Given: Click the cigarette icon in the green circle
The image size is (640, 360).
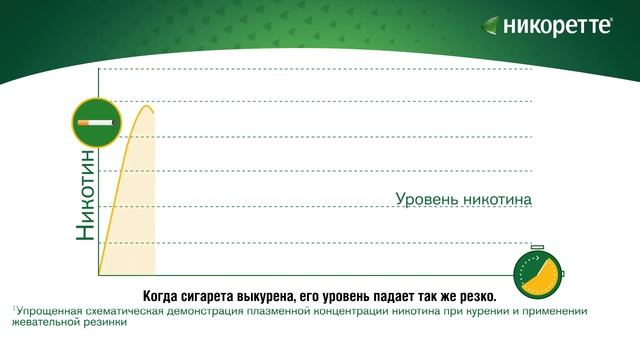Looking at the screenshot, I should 96,122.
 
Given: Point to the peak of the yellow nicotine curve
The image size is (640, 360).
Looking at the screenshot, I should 148,106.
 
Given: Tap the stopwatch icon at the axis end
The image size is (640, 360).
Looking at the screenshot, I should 537,273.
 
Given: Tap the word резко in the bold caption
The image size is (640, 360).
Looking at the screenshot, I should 475,295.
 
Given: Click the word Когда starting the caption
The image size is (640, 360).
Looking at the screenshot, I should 164,295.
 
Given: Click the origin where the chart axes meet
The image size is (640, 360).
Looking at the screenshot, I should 98,274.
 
